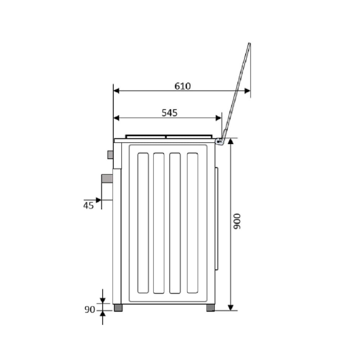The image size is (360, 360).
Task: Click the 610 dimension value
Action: tap(183, 86)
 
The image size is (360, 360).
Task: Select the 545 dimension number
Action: tap(170, 113)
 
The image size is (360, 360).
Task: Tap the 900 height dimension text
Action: tap(237, 221)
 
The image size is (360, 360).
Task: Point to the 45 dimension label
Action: tap(89, 206)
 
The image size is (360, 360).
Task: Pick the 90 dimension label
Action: tap(90, 310)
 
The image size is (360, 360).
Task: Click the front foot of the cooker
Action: tap(118, 308)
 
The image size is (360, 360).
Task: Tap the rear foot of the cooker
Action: tap(211, 308)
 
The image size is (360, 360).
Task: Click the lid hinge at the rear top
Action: tap(219, 141)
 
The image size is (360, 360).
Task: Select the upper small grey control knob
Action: tap(110, 154)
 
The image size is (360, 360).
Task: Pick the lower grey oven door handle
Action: tap(107, 179)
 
